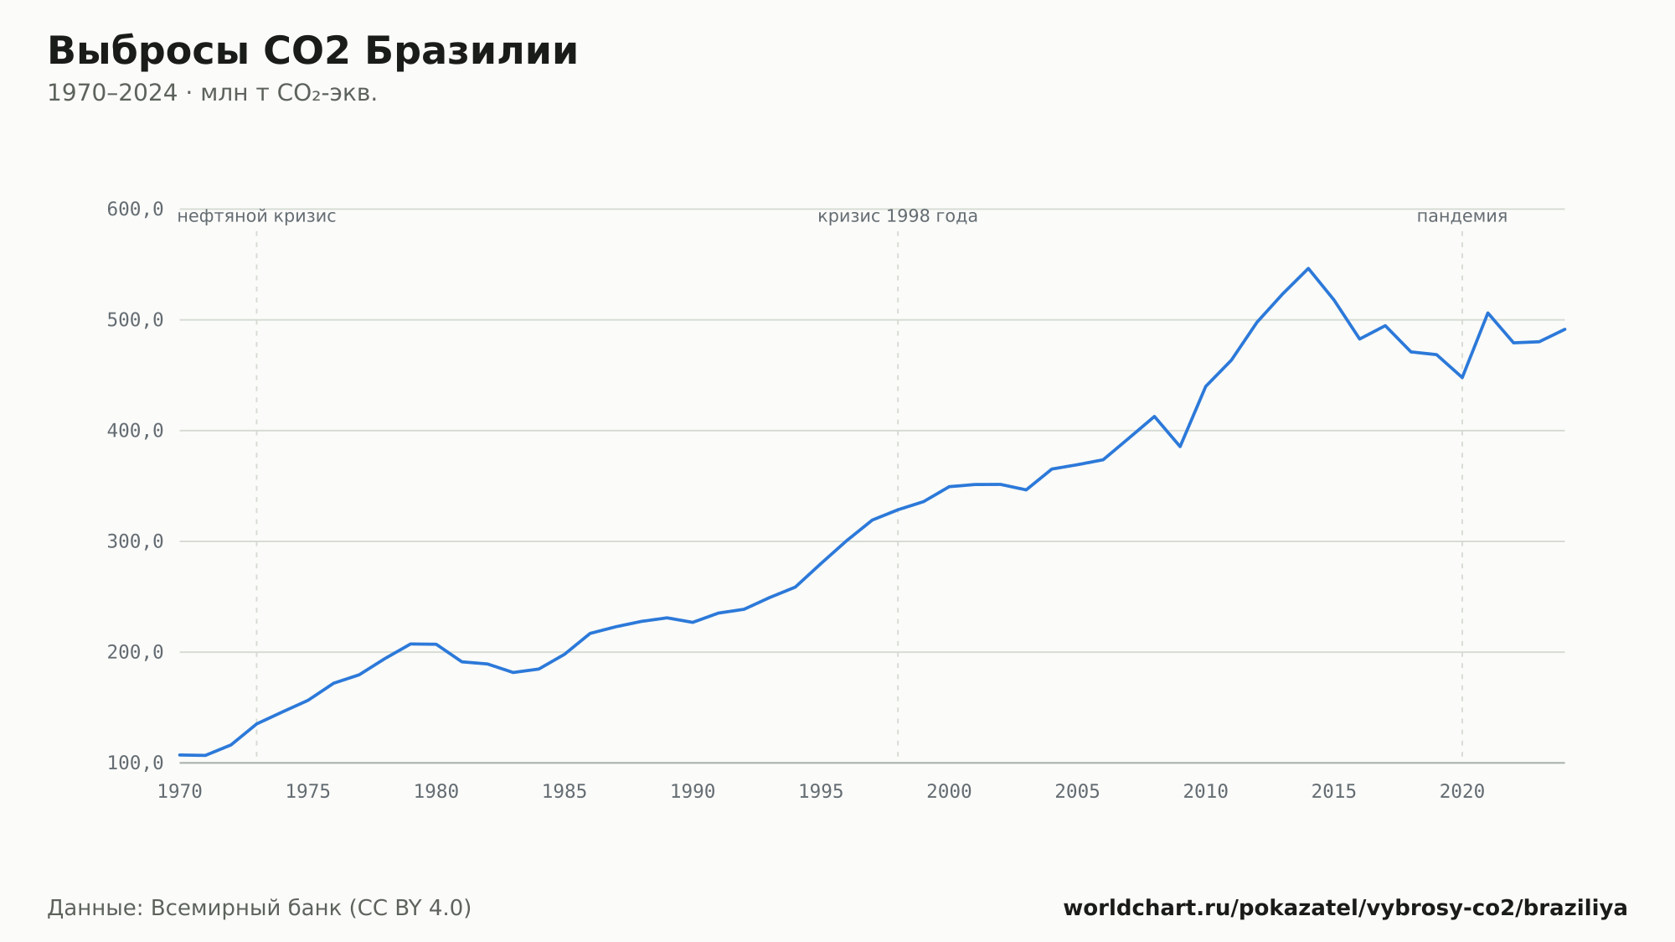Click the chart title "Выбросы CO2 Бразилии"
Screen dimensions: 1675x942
tap(312, 51)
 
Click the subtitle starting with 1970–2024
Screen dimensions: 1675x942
tap(212, 93)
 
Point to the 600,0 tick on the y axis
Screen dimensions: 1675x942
tap(135, 210)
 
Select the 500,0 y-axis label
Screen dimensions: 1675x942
tap(135, 320)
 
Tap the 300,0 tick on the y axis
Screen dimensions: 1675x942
tap(135, 541)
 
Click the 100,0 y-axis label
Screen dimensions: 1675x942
tap(135, 763)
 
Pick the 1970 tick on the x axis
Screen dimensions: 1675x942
tap(180, 792)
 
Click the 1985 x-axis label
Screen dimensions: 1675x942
tap(564, 792)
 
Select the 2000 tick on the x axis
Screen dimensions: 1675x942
tap(949, 792)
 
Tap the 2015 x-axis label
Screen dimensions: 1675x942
tap(1334, 792)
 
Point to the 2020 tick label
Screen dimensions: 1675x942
tap(1462, 792)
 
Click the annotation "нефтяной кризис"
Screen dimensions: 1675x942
tap(256, 216)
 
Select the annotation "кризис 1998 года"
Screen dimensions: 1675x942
tap(898, 216)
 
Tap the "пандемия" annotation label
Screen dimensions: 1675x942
tap(1462, 216)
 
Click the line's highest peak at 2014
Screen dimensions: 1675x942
tap(1308, 268)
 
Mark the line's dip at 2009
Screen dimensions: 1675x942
tap(1180, 447)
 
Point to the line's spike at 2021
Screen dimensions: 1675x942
tap(1487, 313)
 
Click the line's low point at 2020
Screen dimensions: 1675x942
tap(1462, 378)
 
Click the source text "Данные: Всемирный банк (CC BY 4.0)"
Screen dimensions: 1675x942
tap(259, 908)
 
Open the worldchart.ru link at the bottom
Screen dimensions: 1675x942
tap(1345, 908)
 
